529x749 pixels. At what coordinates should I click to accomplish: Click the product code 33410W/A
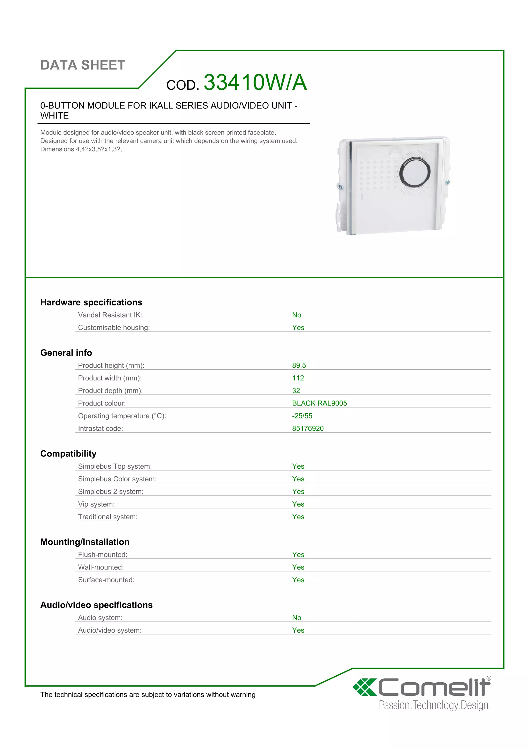[255, 82]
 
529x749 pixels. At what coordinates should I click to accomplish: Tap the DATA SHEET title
[83, 65]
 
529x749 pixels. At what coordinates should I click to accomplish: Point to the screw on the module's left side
[340, 187]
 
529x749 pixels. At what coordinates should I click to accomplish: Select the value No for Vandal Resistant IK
[297, 315]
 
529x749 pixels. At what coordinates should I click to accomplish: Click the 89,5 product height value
[299, 365]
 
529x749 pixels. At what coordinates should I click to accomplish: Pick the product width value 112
[298, 378]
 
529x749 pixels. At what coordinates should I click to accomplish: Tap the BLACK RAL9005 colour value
[319, 403]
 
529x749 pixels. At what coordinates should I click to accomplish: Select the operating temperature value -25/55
[302, 416]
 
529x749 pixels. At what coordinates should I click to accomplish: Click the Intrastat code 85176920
[307, 429]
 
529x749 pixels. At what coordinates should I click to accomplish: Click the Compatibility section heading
[68, 454]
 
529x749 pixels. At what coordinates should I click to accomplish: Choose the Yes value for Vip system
[298, 504]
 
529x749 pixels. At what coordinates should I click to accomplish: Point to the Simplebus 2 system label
[111, 492]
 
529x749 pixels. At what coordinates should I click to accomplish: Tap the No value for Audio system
[297, 618]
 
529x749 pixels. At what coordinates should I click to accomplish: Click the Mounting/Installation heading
[85, 542]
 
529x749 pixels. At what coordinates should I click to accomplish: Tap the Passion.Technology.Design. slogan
[434, 705]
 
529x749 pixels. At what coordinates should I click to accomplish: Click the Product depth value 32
[296, 391]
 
